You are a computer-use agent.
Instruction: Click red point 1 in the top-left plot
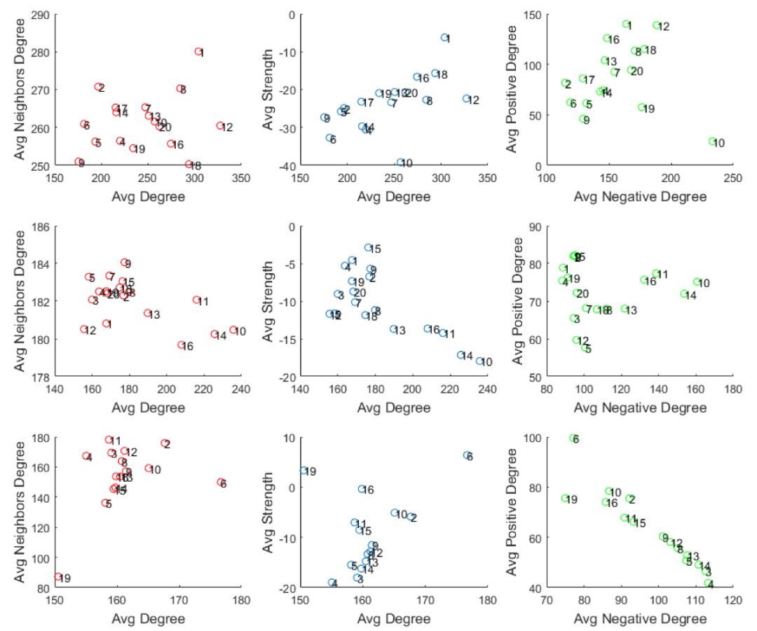click(198, 52)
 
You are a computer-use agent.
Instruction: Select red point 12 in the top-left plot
click(219, 126)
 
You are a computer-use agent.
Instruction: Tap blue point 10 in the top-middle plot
click(400, 162)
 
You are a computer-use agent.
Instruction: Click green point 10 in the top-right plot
click(712, 141)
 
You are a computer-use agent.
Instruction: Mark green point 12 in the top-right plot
click(657, 26)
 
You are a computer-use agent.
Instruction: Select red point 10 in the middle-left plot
click(233, 330)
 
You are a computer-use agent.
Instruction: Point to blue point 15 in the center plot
click(368, 247)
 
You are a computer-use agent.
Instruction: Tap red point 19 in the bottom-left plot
click(58, 577)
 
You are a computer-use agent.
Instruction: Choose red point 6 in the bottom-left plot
click(221, 483)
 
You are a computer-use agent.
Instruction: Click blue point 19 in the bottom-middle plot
click(304, 471)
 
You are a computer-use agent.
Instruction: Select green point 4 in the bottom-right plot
click(708, 583)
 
